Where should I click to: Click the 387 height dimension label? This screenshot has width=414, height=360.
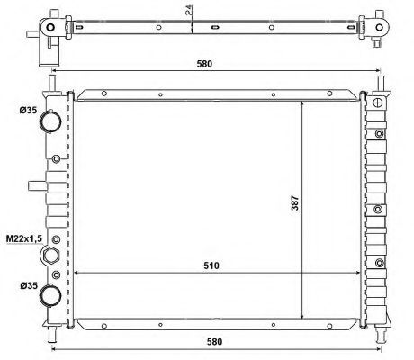click(295, 203)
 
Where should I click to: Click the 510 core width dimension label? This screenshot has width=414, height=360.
click(211, 265)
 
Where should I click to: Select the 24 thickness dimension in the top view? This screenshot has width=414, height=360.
click(189, 10)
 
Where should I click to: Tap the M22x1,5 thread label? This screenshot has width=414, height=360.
click(24, 238)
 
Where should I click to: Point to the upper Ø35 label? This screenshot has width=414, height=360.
click(28, 111)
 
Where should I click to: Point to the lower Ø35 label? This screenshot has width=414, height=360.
click(29, 285)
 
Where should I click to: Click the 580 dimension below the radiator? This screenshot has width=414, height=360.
click(214, 342)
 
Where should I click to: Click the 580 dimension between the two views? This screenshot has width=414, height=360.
click(204, 64)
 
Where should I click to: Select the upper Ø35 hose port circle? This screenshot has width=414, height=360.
click(50, 121)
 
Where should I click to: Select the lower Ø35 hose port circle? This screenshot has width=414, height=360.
click(50, 295)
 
